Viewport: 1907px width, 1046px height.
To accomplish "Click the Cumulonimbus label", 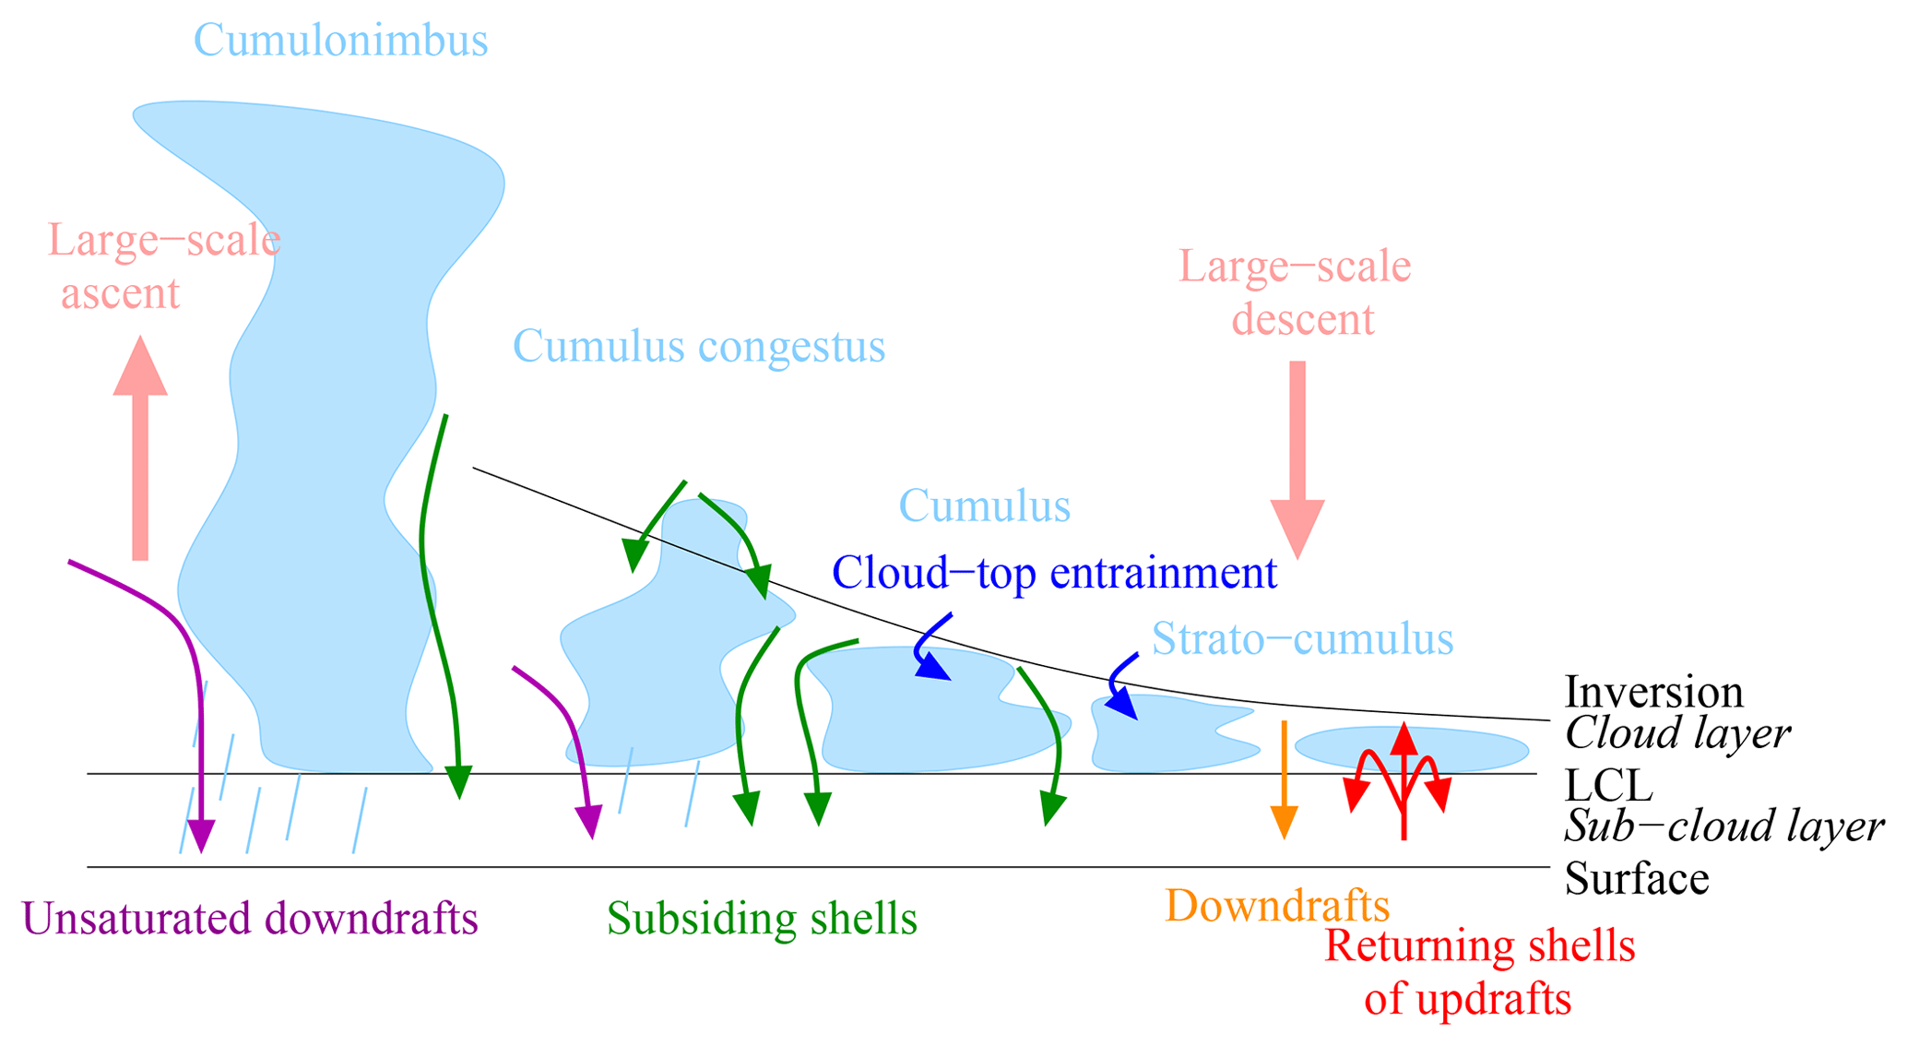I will coord(340,42).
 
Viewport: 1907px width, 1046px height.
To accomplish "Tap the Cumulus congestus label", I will coord(698,348).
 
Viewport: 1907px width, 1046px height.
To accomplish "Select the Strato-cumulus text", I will coord(1302,638).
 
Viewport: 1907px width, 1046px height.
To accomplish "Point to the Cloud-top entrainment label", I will coord(1054,573).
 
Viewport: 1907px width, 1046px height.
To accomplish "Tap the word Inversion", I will coord(1653,692).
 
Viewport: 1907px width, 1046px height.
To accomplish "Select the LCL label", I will coord(1608,786).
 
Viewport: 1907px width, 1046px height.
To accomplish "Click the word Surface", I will coord(1637,878).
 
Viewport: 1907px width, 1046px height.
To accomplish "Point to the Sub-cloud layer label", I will coord(1723,826).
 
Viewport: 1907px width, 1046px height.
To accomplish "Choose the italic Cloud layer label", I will coord(1677,734).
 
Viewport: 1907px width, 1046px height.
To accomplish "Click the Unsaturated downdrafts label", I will coord(250,919).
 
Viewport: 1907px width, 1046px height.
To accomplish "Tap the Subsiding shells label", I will coord(762,919).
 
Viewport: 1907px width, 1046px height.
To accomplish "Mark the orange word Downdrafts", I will coord(1277,906).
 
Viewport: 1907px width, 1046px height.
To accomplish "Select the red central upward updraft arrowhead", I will coord(1403,740).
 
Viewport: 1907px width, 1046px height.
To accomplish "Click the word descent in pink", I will coord(1303,320).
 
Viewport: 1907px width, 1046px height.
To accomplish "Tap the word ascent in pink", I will coord(120,294).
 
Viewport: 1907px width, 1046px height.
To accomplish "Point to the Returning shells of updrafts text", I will coord(1478,973).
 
